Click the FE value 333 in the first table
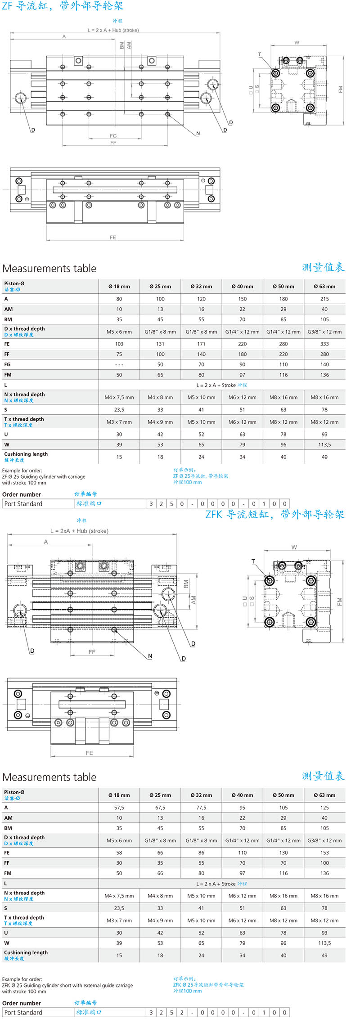pyautogui.click(x=324, y=344)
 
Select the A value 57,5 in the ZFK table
pyautogui.click(x=119, y=808)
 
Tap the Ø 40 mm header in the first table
pyautogui.click(x=242, y=286)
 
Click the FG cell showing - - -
pyautogui.click(x=119, y=364)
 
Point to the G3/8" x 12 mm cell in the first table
pyautogui.click(x=324, y=332)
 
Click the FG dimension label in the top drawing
pyautogui.click(x=113, y=135)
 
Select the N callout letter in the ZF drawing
pyautogui.click(x=198, y=133)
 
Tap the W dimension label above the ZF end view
pyautogui.click(x=297, y=43)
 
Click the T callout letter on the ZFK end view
pyautogui.click(x=253, y=561)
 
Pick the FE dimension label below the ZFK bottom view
pyautogui.click(x=90, y=753)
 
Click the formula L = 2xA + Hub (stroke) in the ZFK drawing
pyautogui.click(x=79, y=531)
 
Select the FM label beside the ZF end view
pyautogui.click(x=340, y=90)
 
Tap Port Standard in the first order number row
pyautogui.click(x=23, y=504)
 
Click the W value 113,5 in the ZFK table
pyautogui.click(x=324, y=943)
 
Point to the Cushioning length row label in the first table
pyautogui.click(x=26, y=454)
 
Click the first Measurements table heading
pyautogui.click(x=49, y=269)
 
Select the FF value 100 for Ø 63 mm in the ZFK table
pyautogui.click(x=324, y=863)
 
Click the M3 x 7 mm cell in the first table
pyautogui.click(x=119, y=422)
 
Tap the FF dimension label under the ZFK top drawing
pyautogui.click(x=92, y=651)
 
